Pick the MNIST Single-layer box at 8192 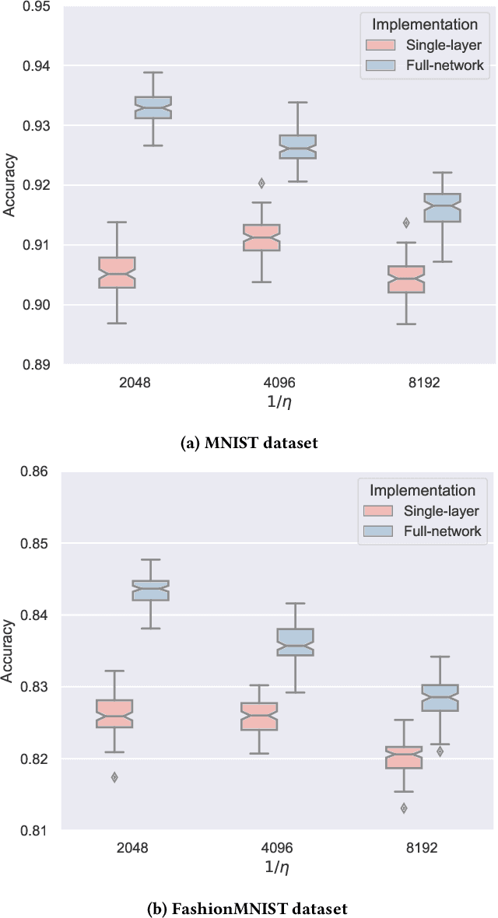[406, 279]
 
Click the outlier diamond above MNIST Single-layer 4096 [261, 184]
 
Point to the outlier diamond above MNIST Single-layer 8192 [406, 222]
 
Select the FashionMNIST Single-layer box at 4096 [259, 717]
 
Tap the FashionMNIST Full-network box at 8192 [440, 698]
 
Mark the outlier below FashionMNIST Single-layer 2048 [114, 777]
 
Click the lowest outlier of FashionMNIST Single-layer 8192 [404, 808]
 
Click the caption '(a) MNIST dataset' [249, 443]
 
